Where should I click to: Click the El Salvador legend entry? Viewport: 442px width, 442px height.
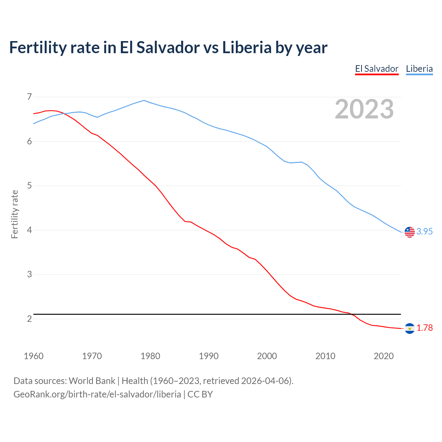click(x=377, y=69)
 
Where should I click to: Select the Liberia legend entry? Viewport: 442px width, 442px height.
click(x=419, y=69)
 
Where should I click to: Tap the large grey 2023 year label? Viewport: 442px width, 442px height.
click(x=364, y=109)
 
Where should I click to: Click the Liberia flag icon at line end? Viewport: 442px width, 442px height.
click(x=410, y=232)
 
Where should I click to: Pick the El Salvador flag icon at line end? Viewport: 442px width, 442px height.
click(x=410, y=328)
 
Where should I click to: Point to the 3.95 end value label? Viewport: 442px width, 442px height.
click(x=424, y=232)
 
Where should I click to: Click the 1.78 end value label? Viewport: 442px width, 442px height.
click(x=424, y=328)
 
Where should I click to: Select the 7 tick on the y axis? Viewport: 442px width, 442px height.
click(x=29, y=97)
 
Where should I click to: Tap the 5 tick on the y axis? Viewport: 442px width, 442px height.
click(x=29, y=186)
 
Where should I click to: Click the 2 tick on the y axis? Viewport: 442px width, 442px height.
click(x=29, y=319)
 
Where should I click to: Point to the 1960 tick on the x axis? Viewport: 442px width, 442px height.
click(x=33, y=356)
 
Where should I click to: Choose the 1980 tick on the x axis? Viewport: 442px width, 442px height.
click(x=150, y=356)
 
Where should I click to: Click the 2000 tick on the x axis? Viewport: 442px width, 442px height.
click(x=267, y=356)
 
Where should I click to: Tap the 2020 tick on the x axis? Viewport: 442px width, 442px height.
click(x=384, y=356)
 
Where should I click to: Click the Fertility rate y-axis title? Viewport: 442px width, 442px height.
click(x=15, y=214)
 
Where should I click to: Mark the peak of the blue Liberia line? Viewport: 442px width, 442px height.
click(x=144, y=100)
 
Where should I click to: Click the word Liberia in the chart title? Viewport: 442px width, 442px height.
click(x=247, y=47)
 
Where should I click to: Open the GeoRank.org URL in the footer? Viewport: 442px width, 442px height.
click(x=97, y=394)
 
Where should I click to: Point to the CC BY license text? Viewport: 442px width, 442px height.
click(x=200, y=394)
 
